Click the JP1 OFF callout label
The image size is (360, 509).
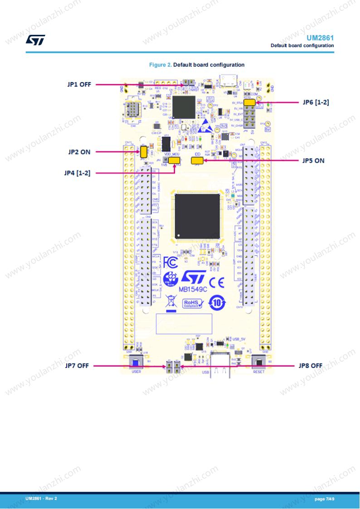coord(79,84)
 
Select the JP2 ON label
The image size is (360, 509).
coord(79,152)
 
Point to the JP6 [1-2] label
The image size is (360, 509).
coord(316,102)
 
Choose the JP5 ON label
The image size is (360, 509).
coord(313,160)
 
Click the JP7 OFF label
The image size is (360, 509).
coord(77,365)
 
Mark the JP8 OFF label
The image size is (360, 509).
coord(311,365)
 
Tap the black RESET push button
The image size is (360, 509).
coord(258,362)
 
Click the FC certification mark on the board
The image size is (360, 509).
coord(170,262)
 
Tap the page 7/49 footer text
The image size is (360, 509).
coord(325,499)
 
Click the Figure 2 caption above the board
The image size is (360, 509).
coord(197,65)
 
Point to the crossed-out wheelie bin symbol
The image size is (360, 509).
coord(170,301)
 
